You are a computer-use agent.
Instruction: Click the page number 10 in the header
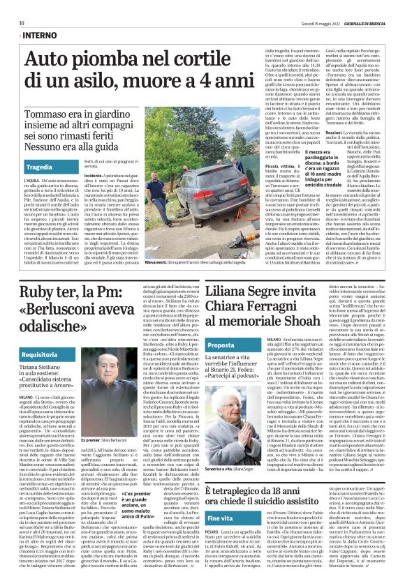(22, 23)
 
